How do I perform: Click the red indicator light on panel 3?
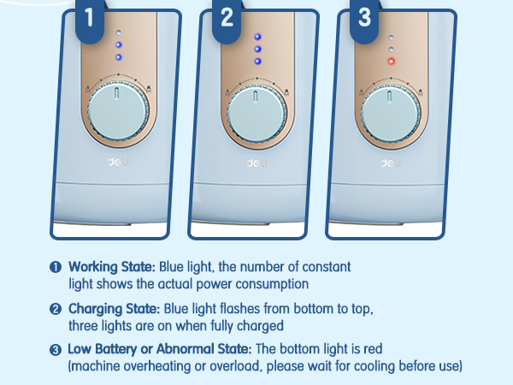(x=391, y=62)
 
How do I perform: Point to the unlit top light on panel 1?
(x=119, y=33)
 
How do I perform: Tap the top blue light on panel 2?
(x=258, y=37)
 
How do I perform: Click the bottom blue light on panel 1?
(x=119, y=57)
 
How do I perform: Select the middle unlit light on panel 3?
(x=391, y=50)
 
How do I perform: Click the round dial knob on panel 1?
(x=119, y=111)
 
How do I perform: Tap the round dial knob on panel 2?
(x=256, y=114)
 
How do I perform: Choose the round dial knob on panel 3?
(x=391, y=114)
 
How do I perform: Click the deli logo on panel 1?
(x=118, y=162)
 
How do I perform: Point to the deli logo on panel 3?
(x=391, y=163)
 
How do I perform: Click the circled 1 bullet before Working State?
(x=56, y=267)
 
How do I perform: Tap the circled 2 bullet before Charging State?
(x=56, y=309)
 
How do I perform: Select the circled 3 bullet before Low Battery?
(x=56, y=350)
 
